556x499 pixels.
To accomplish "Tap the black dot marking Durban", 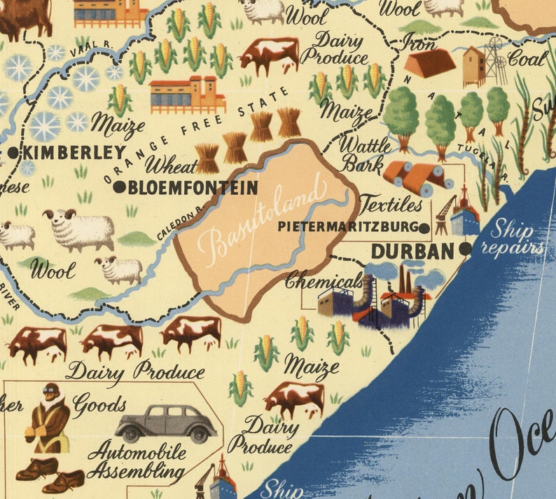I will pos(466,248).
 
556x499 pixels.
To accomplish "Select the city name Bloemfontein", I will pos(192,187).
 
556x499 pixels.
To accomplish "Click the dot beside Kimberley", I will pos(14,152).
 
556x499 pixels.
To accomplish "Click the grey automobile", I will pos(166,423).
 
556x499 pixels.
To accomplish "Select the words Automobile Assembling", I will pos(137,460).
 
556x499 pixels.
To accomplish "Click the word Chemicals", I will pos(324,281).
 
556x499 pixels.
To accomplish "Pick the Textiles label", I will pos(391,205).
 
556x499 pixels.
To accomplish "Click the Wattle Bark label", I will pos(366,155).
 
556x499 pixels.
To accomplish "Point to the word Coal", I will pos(527,59).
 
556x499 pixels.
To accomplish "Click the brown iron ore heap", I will pos(429,63).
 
